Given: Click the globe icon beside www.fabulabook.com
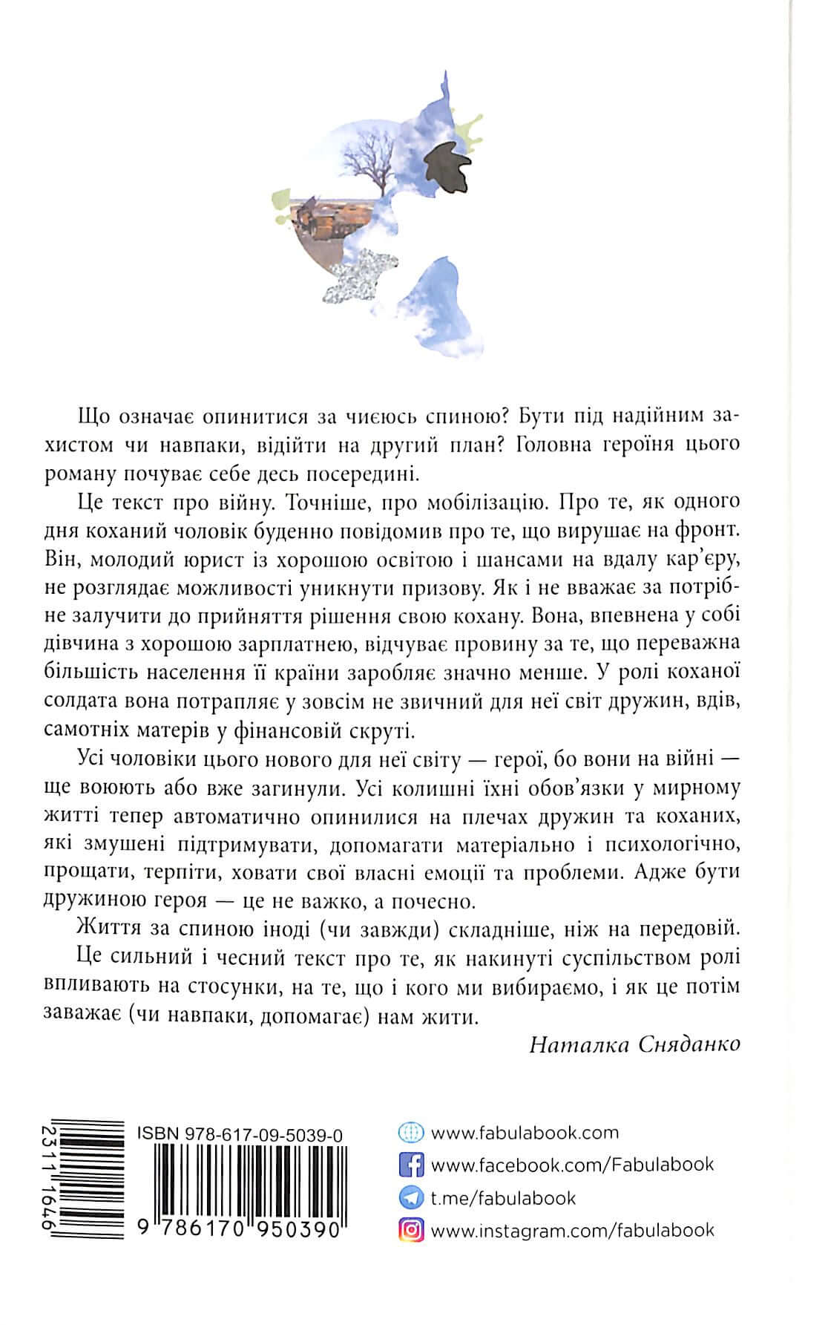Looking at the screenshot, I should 410,1133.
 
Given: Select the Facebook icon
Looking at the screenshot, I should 410,1165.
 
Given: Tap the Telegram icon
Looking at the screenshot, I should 410,1197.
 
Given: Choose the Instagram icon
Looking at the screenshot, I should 410,1230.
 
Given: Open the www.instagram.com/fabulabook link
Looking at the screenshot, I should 572,1230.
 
